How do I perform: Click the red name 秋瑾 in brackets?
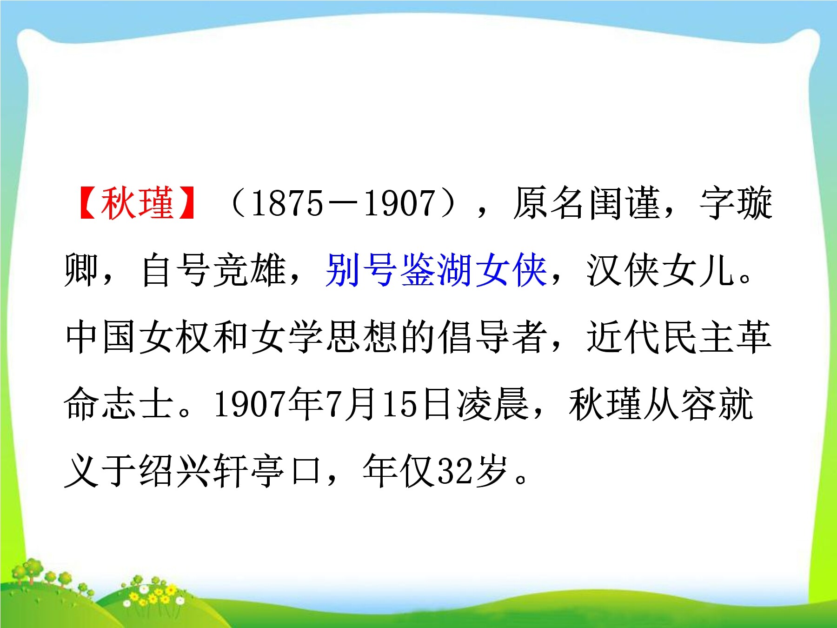pos(137,203)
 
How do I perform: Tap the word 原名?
pos(550,203)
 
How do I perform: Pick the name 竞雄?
pos(249,270)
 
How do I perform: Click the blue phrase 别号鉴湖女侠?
pos(436,270)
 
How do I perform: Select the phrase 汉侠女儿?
pos(659,270)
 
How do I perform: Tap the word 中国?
pos(101,336)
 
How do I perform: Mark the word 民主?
pos(697,336)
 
